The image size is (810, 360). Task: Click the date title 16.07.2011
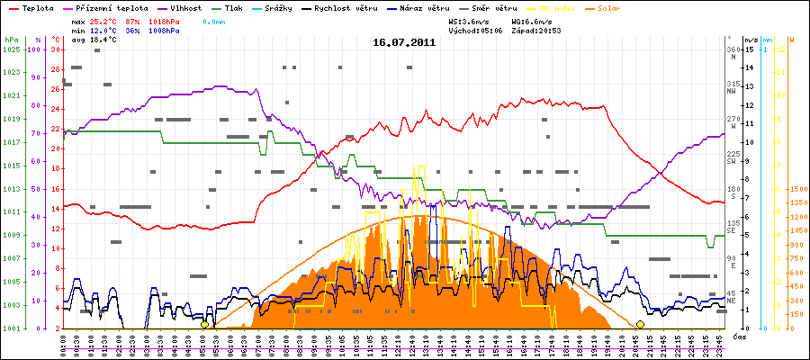[404, 42]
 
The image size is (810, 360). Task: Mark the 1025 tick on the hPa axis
[11, 49]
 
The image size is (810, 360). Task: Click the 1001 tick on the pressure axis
[11, 328]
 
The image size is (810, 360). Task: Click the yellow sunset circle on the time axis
[640, 324]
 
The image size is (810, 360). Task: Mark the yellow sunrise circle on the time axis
[205, 324]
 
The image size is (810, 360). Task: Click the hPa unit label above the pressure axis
[11, 40]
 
